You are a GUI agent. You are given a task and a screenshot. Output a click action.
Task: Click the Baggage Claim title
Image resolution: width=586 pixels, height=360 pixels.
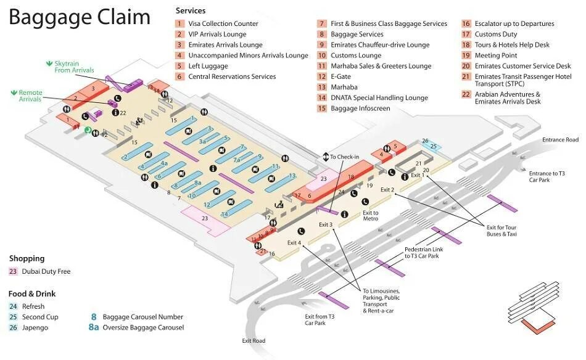[79, 18]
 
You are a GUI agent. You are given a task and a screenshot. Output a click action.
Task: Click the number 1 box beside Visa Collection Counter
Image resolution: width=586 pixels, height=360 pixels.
[180, 24]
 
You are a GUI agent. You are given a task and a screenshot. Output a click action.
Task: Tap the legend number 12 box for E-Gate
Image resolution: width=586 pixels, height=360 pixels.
[322, 76]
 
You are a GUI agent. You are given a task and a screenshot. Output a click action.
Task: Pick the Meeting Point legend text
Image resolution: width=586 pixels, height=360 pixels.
[496, 55]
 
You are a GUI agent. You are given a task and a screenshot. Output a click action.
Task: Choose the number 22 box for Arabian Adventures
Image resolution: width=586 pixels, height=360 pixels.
[466, 94]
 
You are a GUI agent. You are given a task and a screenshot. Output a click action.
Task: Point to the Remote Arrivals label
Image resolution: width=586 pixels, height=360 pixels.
[30, 96]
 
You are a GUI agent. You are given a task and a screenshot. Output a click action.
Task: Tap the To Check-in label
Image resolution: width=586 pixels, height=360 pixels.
[344, 157]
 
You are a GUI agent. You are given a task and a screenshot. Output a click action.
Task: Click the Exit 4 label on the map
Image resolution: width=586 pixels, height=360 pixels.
[294, 243]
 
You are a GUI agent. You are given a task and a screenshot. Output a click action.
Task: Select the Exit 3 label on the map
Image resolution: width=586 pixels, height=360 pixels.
[326, 224]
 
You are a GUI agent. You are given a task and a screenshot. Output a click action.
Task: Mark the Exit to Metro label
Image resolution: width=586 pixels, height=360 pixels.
[371, 215]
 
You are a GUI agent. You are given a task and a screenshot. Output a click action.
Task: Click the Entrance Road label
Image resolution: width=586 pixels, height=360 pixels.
[561, 140]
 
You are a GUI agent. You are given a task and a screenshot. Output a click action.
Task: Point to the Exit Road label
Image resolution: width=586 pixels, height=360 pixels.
[254, 341]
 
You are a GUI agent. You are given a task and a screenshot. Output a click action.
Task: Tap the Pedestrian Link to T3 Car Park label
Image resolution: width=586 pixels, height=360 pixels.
[421, 253]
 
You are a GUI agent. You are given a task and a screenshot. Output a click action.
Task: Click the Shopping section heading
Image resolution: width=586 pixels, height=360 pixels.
[27, 258]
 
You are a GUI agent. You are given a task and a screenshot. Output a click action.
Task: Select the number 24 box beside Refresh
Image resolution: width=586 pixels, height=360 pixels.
[13, 306]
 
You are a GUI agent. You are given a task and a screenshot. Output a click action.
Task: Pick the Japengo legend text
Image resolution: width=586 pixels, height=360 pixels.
[35, 327]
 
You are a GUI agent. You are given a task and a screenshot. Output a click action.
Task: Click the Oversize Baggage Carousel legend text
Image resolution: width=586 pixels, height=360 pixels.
[143, 327]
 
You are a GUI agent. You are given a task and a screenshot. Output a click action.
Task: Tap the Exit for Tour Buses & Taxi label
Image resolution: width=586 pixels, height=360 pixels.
[501, 231]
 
